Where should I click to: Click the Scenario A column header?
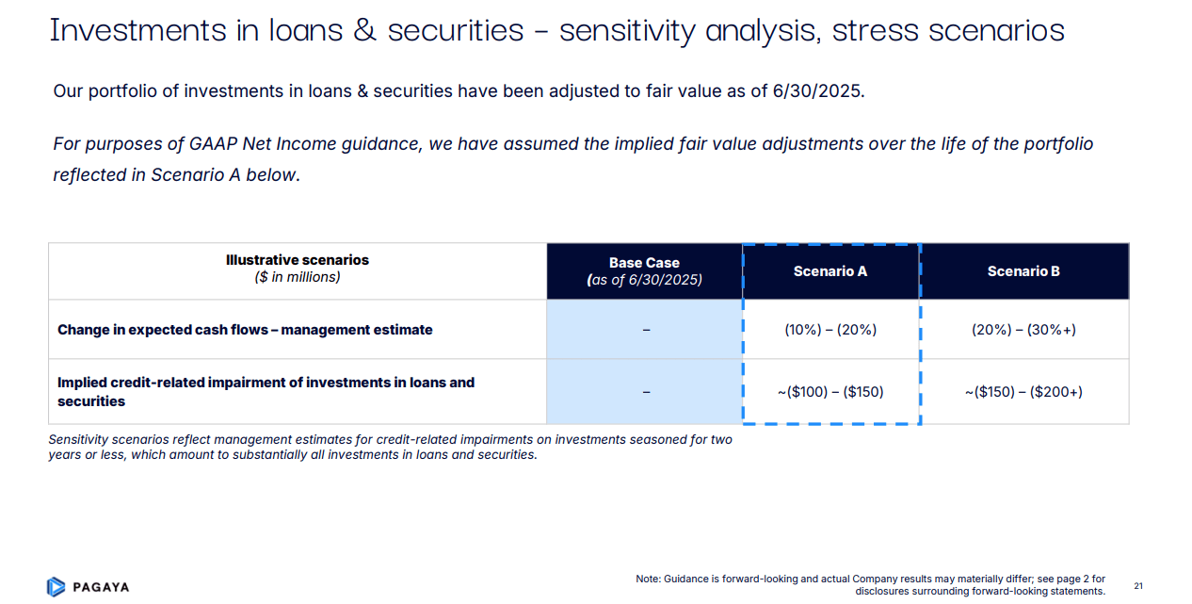[x=830, y=271]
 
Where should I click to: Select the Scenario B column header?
[x=1023, y=271]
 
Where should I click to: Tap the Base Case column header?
[x=644, y=271]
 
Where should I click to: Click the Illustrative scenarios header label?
[x=298, y=260]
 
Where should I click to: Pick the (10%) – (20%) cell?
[x=830, y=330]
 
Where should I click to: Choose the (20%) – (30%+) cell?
[x=1023, y=330]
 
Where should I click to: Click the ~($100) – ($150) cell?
[x=830, y=391]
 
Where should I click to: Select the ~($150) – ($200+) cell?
[x=1023, y=391]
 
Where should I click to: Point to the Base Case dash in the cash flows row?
[x=645, y=330]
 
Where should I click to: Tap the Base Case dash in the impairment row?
[x=645, y=391]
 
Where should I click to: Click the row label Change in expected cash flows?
[x=245, y=330]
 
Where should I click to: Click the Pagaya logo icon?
[x=56, y=586]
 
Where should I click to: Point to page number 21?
[x=1137, y=586]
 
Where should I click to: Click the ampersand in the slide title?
[x=362, y=31]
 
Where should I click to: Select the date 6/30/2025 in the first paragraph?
[x=816, y=92]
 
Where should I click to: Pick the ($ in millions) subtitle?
[x=298, y=278]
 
